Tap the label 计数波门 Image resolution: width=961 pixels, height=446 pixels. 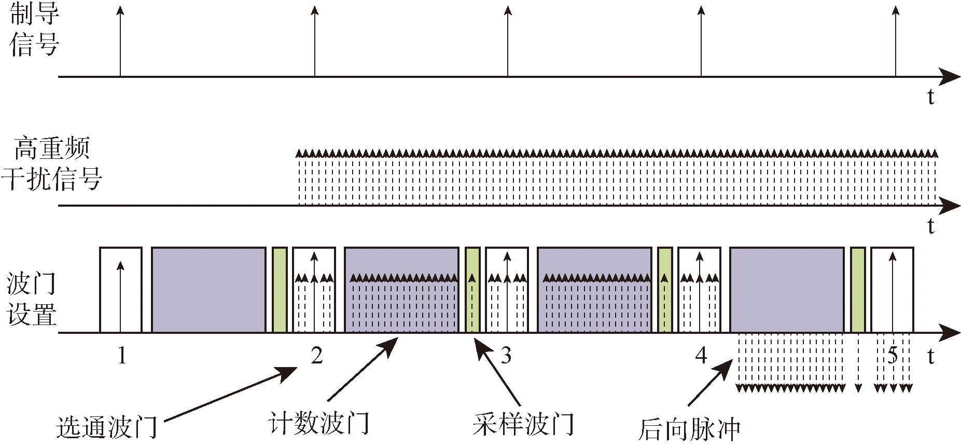[319, 423]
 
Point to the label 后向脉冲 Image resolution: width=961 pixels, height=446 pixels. [689, 429]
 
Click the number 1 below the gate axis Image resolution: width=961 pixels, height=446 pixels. [122, 356]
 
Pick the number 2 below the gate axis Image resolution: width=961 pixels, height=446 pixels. [316, 356]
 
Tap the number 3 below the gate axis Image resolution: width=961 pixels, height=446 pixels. [506, 356]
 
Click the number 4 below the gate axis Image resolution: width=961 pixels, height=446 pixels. [701, 356]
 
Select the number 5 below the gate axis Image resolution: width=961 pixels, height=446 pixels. [893, 356]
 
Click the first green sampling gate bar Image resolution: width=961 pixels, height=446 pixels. [280, 290]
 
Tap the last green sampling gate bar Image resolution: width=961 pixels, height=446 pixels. [858, 290]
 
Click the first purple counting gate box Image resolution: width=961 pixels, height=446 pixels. [208, 290]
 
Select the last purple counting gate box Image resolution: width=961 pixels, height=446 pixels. [787, 290]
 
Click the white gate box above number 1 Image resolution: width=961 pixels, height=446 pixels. [120, 290]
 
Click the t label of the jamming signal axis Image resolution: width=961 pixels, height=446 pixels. [931, 226]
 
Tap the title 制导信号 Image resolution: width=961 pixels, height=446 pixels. [34, 29]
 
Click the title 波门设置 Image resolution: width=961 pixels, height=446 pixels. [31, 300]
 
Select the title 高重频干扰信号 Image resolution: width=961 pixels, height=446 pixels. [52, 164]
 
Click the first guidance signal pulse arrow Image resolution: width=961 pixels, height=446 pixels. [120, 42]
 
